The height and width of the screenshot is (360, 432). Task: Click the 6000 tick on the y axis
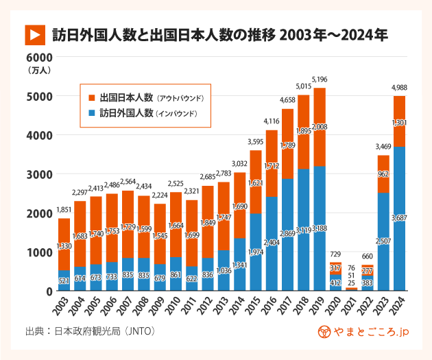tap(36, 58)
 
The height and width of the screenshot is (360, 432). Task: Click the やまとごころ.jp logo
tap(364, 332)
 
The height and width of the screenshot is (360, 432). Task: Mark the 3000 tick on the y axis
tap(36, 174)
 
